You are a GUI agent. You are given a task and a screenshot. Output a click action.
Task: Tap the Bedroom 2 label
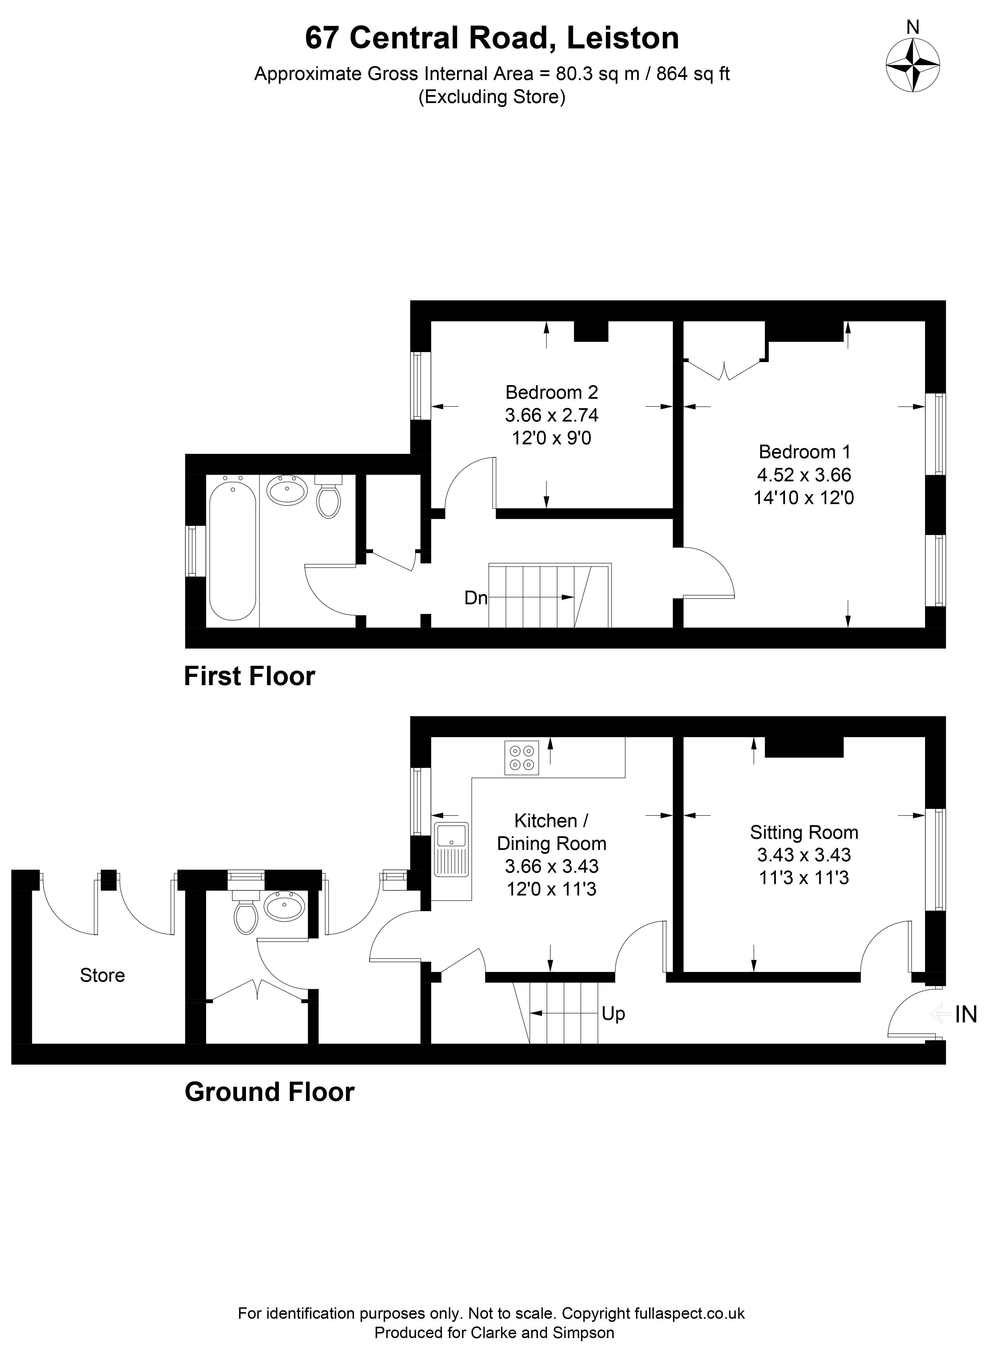(552, 392)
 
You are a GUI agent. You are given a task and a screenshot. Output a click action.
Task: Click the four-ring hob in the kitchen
(521, 758)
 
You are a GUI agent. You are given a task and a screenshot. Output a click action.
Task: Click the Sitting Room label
(804, 832)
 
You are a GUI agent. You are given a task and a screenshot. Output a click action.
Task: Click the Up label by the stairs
(613, 1014)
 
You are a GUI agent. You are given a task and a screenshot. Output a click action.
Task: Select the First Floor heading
(249, 676)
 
